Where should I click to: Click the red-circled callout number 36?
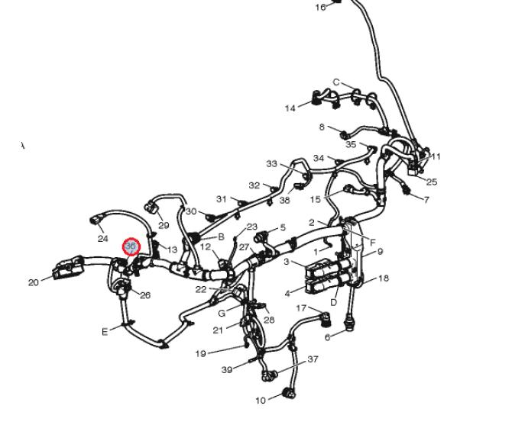point(131,246)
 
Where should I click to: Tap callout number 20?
point(34,282)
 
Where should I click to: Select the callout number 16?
point(321,7)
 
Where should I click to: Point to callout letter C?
point(336,82)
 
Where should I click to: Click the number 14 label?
point(290,108)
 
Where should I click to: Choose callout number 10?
point(261,401)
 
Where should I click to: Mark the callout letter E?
point(105,332)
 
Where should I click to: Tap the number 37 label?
point(313,359)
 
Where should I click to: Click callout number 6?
point(328,337)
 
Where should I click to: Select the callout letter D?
point(333,302)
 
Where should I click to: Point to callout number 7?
point(426,199)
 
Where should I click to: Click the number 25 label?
point(432,182)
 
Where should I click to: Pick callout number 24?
point(103,239)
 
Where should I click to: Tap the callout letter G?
point(222,314)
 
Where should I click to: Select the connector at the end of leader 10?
point(289,393)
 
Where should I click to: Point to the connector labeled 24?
point(95,220)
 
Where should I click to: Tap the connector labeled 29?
point(151,206)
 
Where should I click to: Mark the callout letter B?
point(221,237)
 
